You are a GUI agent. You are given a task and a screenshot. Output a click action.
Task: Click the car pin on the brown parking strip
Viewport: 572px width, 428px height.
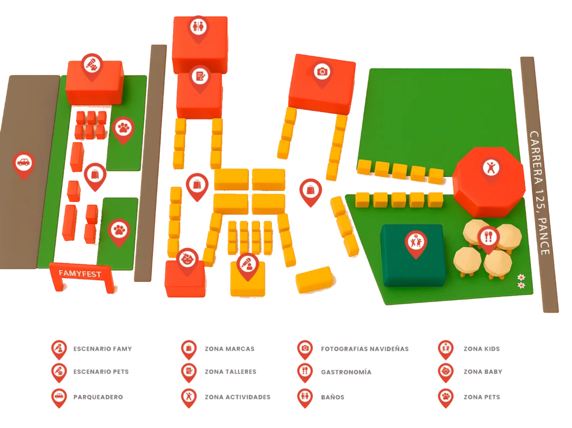point(23,163)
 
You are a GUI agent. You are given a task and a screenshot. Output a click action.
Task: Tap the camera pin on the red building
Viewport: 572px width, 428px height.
point(322,72)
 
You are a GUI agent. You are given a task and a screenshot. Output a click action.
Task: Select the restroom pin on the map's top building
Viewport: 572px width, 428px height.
point(198,26)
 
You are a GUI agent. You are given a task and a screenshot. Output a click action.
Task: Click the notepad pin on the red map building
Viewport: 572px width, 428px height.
point(199,75)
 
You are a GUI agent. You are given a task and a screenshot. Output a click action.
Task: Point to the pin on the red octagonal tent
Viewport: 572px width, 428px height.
point(491,167)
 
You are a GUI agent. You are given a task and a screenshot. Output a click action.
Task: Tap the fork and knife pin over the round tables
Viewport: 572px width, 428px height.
point(488,237)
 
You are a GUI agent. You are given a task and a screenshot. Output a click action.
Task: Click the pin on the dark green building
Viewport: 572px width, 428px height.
point(415,242)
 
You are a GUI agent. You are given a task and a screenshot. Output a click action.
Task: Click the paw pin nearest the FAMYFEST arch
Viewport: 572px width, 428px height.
point(119,229)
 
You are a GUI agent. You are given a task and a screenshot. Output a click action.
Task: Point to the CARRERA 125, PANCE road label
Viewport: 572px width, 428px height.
point(540,193)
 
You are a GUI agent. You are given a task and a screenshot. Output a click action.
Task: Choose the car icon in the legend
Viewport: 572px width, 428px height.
point(58,397)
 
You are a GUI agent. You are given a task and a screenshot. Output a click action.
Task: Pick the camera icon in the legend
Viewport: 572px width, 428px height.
point(304,348)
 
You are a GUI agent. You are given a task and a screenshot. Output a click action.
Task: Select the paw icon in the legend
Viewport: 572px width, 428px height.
point(445,397)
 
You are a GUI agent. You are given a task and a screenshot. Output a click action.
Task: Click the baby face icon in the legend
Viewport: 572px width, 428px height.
point(445,371)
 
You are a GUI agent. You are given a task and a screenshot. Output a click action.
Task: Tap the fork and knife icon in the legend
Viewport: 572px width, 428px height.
point(304,371)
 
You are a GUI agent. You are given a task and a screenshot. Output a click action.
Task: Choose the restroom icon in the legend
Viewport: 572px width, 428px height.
point(304,397)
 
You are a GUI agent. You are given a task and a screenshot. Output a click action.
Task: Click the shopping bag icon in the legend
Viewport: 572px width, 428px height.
point(189,348)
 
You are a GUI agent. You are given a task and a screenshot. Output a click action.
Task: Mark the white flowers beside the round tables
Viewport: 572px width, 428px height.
point(521,281)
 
